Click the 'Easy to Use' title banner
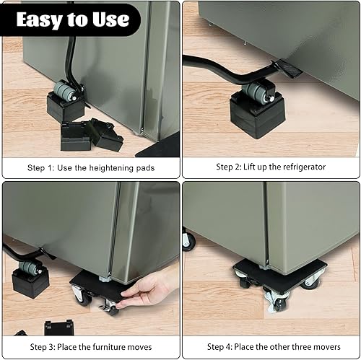click(x=70, y=19)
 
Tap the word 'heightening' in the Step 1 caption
click(x=108, y=167)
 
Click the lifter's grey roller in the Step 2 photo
click(x=258, y=91)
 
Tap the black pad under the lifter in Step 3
click(x=30, y=284)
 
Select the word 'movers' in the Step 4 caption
click(x=322, y=347)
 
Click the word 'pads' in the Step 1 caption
click(x=144, y=167)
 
